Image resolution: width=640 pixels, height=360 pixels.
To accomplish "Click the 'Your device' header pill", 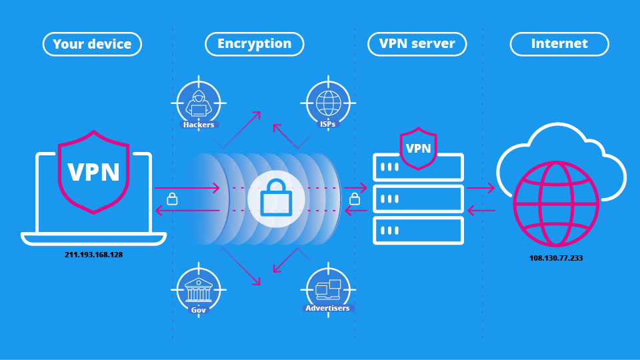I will (x=93, y=45).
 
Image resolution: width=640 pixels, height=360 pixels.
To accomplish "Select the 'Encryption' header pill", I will (x=254, y=44).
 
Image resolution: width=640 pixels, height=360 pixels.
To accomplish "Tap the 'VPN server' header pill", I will (x=417, y=44).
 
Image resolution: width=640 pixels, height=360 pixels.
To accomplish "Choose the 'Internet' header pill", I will (x=559, y=44).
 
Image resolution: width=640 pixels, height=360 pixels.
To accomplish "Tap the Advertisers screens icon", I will (x=328, y=288).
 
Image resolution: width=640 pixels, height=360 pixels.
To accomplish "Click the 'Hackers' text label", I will (x=199, y=125).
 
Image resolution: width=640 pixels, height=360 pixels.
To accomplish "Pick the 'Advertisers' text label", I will (x=327, y=308).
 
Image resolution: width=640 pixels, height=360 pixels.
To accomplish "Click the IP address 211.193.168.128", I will (x=94, y=255).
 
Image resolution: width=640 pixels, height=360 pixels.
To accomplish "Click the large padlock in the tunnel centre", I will (x=276, y=199).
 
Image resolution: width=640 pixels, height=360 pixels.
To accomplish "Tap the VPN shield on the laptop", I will (x=93, y=172).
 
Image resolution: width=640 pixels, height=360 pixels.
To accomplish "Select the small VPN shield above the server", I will (x=418, y=149).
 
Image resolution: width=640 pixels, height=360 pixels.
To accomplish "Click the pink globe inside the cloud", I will (x=555, y=204).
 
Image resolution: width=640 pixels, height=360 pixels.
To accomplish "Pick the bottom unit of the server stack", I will (x=418, y=231).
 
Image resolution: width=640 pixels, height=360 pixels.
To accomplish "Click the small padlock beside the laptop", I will (x=172, y=199).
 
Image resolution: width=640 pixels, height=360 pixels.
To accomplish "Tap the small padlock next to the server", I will (x=355, y=199).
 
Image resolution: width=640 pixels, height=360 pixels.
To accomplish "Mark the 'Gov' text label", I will (x=199, y=310).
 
